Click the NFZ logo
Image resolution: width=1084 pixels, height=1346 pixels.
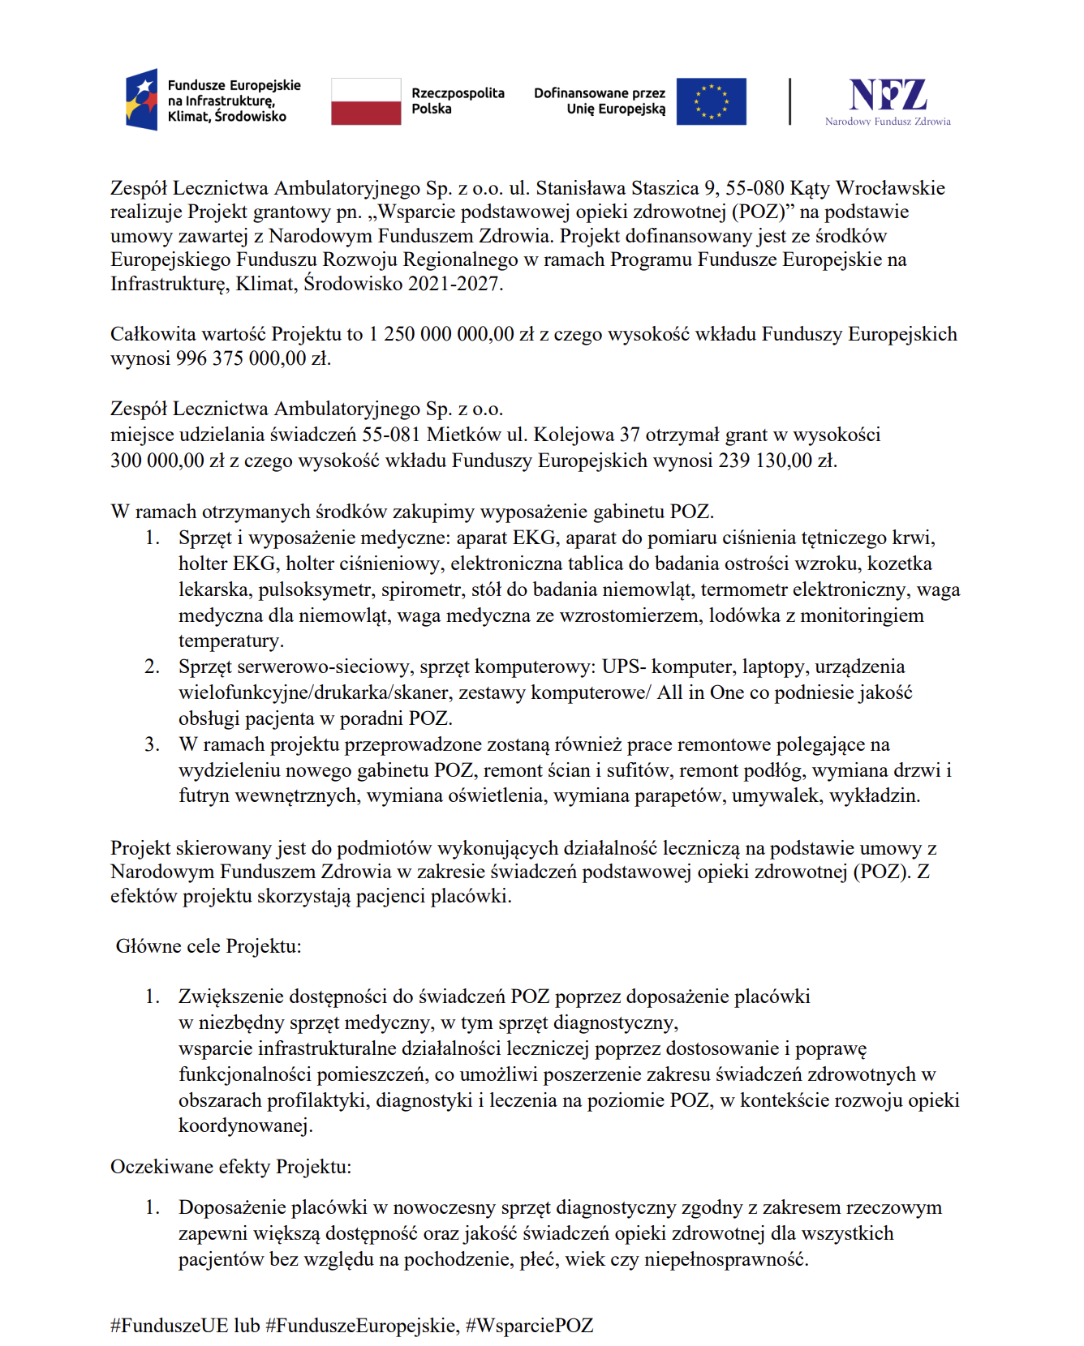pyautogui.click(x=888, y=101)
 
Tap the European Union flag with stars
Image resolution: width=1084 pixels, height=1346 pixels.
pyautogui.click(x=711, y=101)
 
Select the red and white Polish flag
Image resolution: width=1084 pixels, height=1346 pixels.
pyautogui.click(x=366, y=101)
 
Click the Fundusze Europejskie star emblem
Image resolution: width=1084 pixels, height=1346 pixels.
pyautogui.click(x=142, y=100)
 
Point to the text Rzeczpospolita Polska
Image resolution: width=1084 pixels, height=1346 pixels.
pyautogui.click(x=457, y=101)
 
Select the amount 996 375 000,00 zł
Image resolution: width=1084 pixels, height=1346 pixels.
pyautogui.click(x=253, y=358)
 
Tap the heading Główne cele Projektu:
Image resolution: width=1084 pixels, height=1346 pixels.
pyautogui.click(x=209, y=946)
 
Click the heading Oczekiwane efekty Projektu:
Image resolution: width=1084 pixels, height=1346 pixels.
pyautogui.click(x=231, y=1167)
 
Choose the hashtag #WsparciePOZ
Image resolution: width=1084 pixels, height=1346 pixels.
pyautogui.click(x=530, y=1326)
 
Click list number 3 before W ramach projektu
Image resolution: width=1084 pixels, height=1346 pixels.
pyautogui.click(x=152, y=744)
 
